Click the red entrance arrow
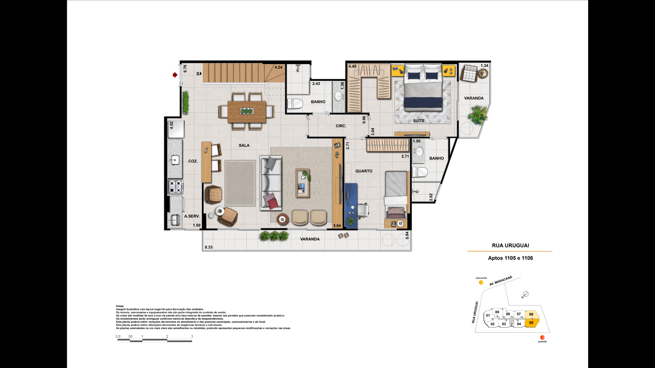[x=175, y=75]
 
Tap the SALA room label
[x=244, y=145]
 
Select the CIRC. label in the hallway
[x=341, y=126]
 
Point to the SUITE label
[x=419, y=121]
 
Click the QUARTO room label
[x=364, y=171]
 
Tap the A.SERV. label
[x=192, y=216]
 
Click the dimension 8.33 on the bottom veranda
[x=208, y=247]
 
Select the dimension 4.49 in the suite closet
[x=352, y=66]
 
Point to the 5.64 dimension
[x=337, y=226]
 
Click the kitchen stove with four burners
[x=175, y=187]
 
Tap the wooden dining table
[x=247, y=111]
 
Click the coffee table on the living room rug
[x=303, y=183]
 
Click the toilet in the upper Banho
[x=295, y=104]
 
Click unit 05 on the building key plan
[x=531, y=323]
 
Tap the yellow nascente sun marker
[x=481, y=282]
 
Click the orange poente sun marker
[x=542, y=337]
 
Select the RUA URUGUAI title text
[x=510, y=246]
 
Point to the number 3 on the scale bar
[x=192, y=336]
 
